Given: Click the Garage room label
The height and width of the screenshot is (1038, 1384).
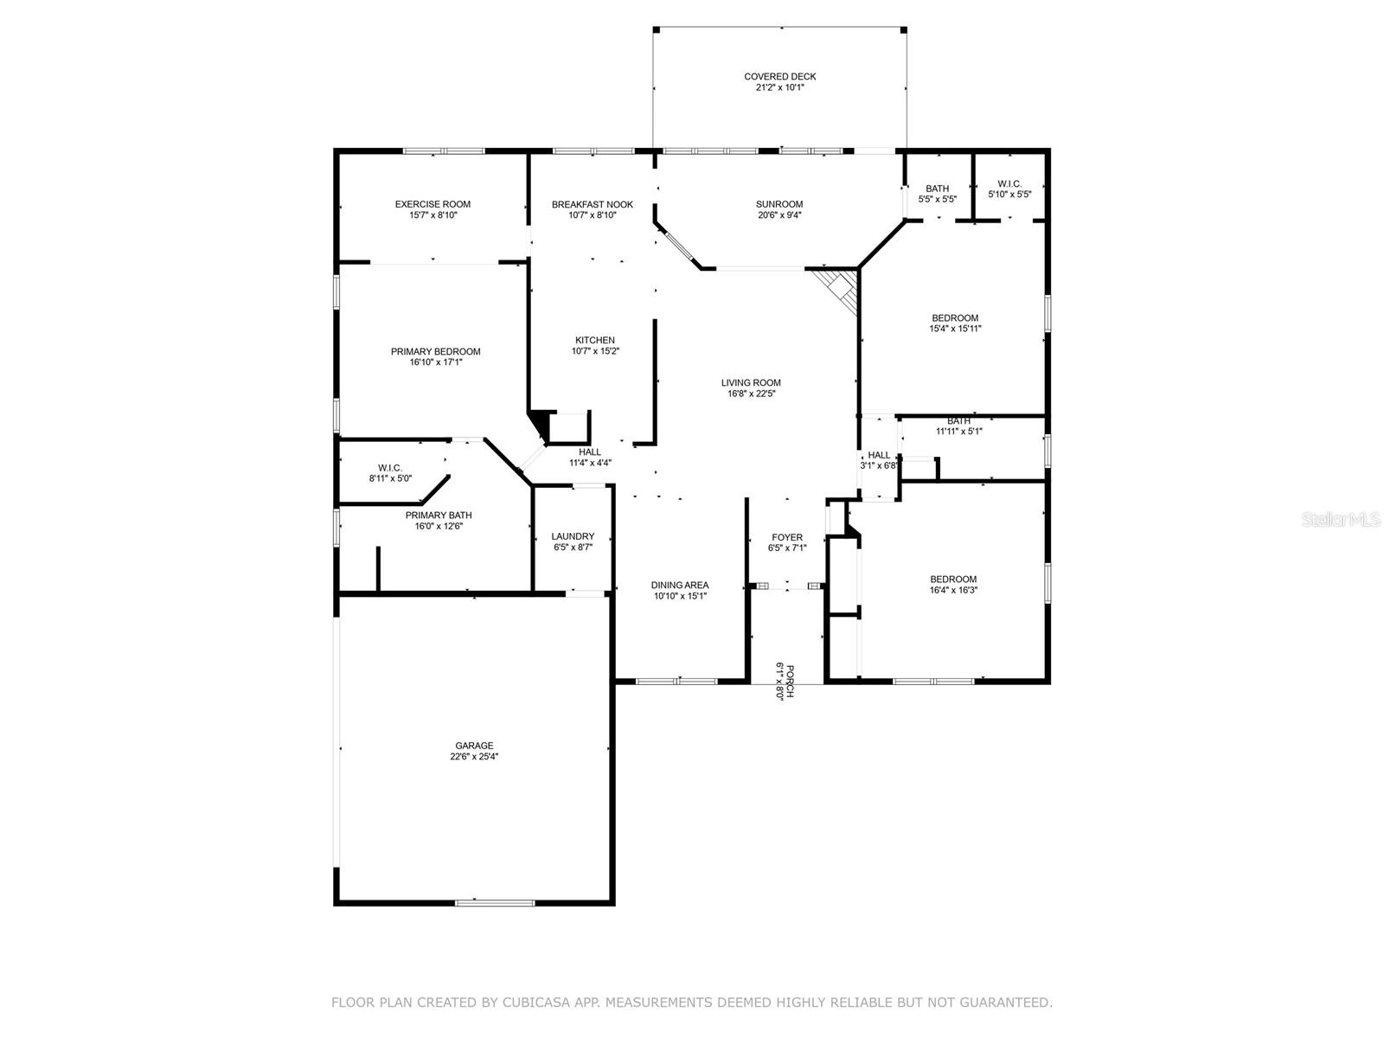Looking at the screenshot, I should pyautogui.click(x=474, y=746).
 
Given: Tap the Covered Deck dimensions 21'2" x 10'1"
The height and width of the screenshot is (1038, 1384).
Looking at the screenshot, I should pyautogui.click(x=779, y=87).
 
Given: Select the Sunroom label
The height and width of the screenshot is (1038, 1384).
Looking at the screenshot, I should pyautogui.click(x=779, y=204).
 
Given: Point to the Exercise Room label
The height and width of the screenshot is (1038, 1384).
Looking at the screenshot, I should pyautogui.click(x=432, y=204).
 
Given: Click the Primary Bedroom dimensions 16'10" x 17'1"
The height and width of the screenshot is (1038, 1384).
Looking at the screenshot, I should pyautogui.click(x=435, y=362).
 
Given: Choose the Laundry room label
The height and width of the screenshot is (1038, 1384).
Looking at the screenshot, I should pyautogui.click(x=573, y=536).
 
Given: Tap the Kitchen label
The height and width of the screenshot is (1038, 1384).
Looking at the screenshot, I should pyautogui.click(x=595, y=340).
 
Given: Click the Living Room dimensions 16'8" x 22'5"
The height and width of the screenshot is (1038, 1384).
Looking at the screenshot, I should pyautogui.click(x=751, y=394).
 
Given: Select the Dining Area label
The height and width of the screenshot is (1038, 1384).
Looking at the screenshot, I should pyautogui.click(x=680, y=585).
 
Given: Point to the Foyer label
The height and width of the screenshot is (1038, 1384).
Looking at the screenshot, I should pyautogui.click(x=787, y=537).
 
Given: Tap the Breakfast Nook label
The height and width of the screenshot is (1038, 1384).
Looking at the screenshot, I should pyautogui.click(x=593, y=204).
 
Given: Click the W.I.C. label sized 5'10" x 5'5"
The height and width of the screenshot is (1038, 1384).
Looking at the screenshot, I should pyautogui.click(x=1009, y=183).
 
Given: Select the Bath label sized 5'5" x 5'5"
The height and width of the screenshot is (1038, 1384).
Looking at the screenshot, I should pyautogui.click(x=937, y=188).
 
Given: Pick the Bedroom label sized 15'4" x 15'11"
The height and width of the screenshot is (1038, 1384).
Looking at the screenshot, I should pyautogui.click(x=955, y=317).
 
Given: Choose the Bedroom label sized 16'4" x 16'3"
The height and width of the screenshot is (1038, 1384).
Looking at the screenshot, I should pyautogui.click(x=953, y=580).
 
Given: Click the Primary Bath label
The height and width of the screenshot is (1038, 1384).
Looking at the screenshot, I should pyautogui.click(x=439, y=515).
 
